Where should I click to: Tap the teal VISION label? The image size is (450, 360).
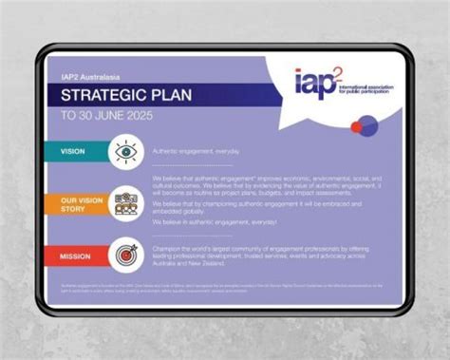click(x=72, y=151)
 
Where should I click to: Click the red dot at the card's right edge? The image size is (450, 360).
click(x=356, y=126)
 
